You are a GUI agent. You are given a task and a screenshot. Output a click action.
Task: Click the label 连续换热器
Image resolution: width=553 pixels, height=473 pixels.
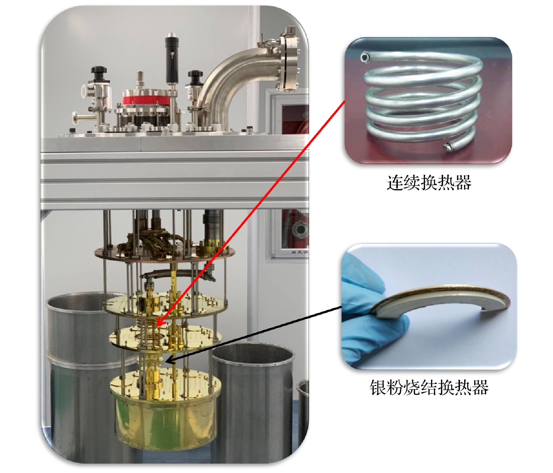pos(429,183)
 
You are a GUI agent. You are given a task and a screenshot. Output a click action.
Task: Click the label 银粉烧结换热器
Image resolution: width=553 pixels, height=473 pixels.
pos(429,387)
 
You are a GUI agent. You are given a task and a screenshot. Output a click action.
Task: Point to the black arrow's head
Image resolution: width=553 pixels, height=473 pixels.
pos(170,360)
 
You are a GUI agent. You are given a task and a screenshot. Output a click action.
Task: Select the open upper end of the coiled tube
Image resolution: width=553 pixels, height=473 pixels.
pos(365,57)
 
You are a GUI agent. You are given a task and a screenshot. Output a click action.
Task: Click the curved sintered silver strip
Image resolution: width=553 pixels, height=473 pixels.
pos(441,299)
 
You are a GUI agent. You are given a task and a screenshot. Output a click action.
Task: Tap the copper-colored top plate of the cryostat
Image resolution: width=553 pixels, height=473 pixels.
pos(165,252)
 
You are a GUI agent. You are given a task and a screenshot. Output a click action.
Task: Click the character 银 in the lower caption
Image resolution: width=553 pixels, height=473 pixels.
pos(378,387)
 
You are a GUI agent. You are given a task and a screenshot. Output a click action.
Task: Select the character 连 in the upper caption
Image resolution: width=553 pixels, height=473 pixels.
pos(395,183)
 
